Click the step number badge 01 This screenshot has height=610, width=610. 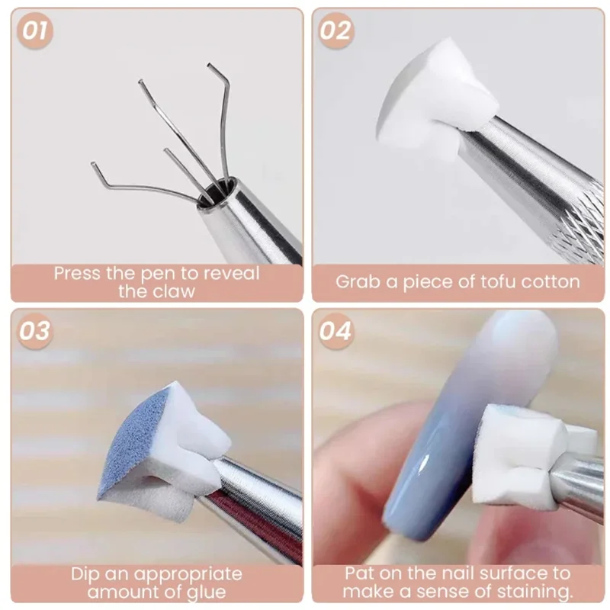(35, 31)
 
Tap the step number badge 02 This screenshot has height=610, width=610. (335, 31)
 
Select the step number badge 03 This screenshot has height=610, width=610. (35, 332)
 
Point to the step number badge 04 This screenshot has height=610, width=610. (335, 332)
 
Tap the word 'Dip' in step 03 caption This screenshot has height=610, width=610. (88, 573)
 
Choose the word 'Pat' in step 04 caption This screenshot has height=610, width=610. (361, 573)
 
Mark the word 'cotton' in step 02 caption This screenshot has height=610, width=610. (551, 281)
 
